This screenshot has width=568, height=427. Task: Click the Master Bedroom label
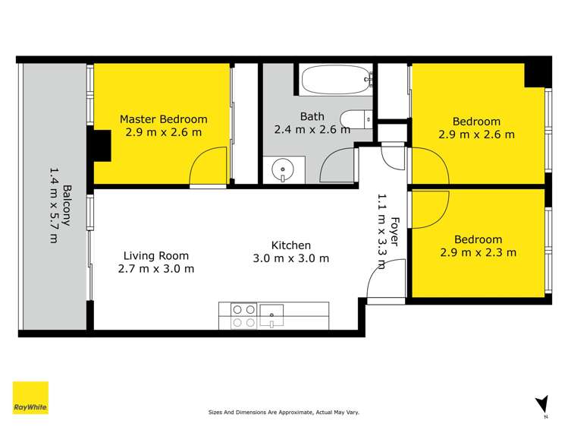164,119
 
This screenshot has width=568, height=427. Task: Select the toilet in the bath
354,119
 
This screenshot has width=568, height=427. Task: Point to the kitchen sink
271,314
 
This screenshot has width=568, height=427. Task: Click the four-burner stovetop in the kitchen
243,316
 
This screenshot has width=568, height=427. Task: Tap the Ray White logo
30,398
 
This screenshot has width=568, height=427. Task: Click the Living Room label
156,256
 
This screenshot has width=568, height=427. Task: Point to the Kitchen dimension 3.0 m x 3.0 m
291,258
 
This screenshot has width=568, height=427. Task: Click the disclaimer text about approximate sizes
284,413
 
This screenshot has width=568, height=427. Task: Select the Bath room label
312,116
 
